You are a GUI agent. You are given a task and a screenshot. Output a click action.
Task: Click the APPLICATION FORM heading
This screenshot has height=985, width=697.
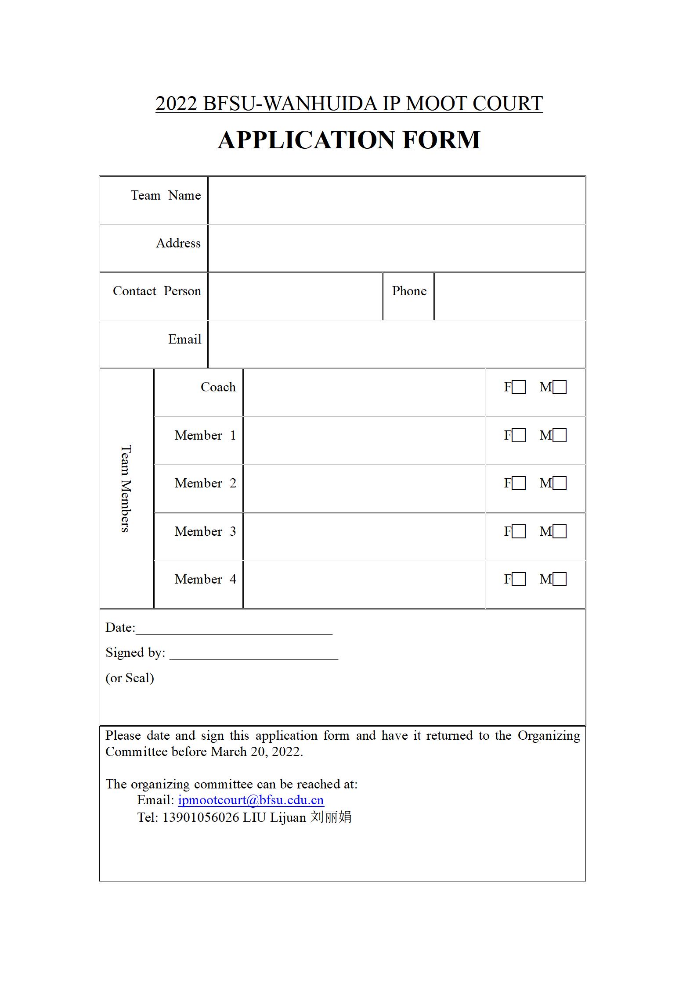click(x=349, y=140)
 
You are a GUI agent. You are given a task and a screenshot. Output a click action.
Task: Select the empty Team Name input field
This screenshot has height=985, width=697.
click(x=396, y=201)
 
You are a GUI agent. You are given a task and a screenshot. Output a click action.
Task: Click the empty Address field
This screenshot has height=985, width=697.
click(x=396, y=248)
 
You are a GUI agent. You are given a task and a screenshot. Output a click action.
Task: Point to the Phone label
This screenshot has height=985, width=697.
click(x=409, y=291)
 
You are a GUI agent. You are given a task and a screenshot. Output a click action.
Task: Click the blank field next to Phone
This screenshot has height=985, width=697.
click(x=509, y=296)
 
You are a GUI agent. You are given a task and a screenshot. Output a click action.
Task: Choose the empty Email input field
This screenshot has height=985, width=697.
click(x=396, y=344)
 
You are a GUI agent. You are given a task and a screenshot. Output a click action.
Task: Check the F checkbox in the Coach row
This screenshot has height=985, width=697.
click(x=519, y=387)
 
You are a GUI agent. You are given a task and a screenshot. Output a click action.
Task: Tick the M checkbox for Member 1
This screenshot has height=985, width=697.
click(x=560, y=435)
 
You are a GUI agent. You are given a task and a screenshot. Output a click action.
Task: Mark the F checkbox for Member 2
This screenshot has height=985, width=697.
click(x=519, y=484)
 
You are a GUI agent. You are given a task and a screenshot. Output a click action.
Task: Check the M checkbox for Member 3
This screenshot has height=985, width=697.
click(x=560, y=531)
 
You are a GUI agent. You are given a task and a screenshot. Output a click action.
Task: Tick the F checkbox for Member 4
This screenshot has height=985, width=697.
click(x=519, y=580)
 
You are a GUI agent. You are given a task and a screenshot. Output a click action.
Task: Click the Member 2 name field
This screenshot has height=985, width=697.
click(x=364, y=488)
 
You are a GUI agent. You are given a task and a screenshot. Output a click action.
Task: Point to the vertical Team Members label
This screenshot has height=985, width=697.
click(x=126, y=488)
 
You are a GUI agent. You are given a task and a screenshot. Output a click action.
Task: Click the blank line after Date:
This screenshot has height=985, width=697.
click(x=234, y=629)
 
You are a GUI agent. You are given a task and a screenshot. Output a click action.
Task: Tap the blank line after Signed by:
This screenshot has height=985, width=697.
click(x=253, y=654)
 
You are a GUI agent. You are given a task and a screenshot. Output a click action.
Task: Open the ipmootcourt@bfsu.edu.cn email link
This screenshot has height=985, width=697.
click(x=251, y=800)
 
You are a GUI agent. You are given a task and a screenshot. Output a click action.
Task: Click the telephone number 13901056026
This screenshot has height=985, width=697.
click(x=201, y=817)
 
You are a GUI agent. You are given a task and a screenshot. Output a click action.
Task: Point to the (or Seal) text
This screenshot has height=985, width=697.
click(x=130, y=678)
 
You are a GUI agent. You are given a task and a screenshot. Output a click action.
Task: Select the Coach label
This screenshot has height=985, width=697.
click(x=218, y=387)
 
